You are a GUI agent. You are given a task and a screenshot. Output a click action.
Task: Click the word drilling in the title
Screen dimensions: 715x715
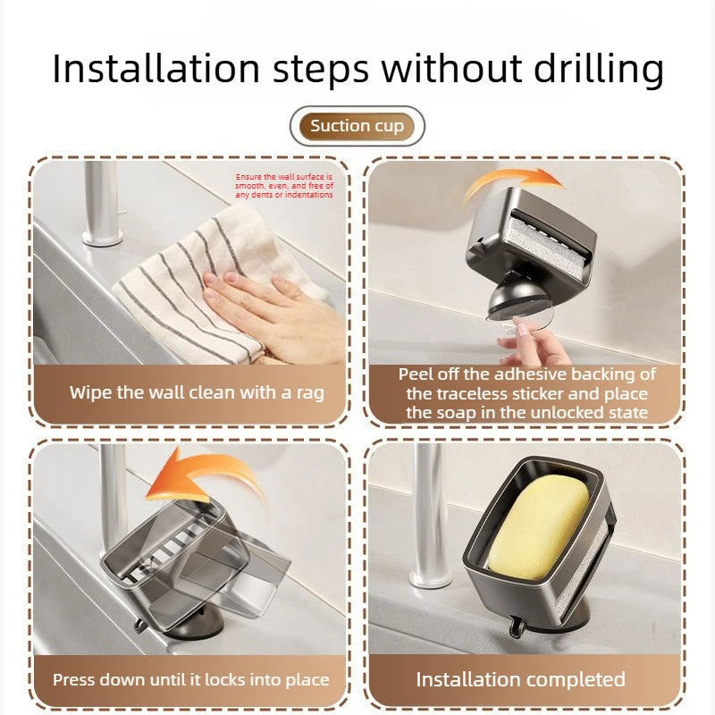[x=598, y=70]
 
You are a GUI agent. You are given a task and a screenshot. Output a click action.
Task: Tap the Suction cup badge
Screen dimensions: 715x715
[x=357, y=126]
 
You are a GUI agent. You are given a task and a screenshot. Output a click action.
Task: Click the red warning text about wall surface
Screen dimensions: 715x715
[x=284, y=186]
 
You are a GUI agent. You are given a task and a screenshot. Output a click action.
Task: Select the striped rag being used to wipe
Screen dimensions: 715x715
[x=214, y=282]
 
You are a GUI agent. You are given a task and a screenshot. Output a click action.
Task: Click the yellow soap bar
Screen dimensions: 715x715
[x=538, y=526]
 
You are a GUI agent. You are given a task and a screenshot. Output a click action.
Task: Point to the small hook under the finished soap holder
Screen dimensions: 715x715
[x=516, y=627]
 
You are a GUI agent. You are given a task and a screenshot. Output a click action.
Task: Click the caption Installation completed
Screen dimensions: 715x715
[x=521, y=679]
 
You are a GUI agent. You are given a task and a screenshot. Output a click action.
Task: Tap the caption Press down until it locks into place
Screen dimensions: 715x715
[x=191, y=680]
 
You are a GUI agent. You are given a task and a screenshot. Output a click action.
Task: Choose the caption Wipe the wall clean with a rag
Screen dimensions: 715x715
[x=197, y=392]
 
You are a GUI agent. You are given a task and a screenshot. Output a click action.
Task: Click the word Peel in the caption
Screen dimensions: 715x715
[x=416, y=374]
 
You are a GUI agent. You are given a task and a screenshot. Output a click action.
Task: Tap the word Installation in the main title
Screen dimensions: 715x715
[x=156, y=70]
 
